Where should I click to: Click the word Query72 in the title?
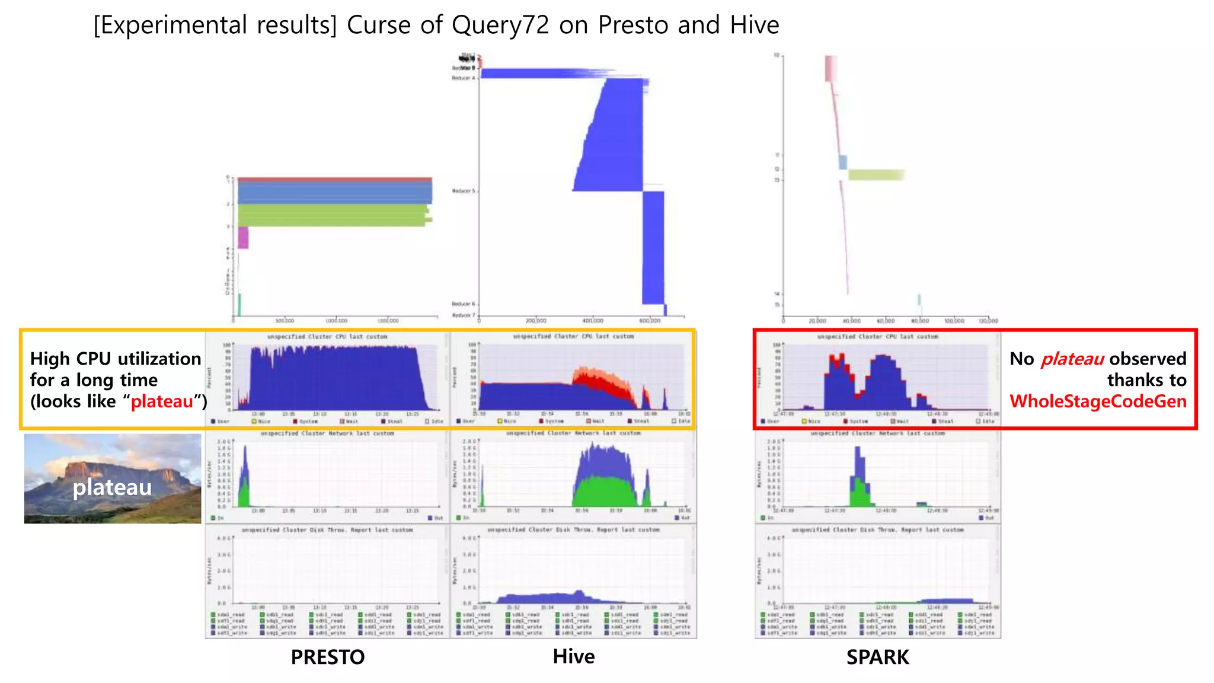(x=500, y=25)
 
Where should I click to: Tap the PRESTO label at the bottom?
(x=327, y=657)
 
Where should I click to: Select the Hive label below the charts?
(x=573, y=656)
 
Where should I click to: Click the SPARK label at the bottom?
(x=877, y=657)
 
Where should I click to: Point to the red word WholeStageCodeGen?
(x=1098, y=401)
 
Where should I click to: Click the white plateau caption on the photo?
(x=112, y=487)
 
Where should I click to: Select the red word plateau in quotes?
(x=162, y=401)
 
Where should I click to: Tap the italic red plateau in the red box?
(x=1072, y=359)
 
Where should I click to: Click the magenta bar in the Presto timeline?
(x=243, y=238)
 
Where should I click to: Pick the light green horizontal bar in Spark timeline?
(x=876, y=174)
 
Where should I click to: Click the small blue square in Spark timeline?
(x=842, y=162)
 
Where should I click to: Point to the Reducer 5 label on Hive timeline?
(x=464, y=191)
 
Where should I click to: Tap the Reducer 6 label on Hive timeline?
(x=464, y=304)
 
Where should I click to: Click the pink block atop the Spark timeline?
(x=830, y=68)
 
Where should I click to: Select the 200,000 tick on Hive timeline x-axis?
(x=536, y=321)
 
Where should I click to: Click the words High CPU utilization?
(x=116, y=359)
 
